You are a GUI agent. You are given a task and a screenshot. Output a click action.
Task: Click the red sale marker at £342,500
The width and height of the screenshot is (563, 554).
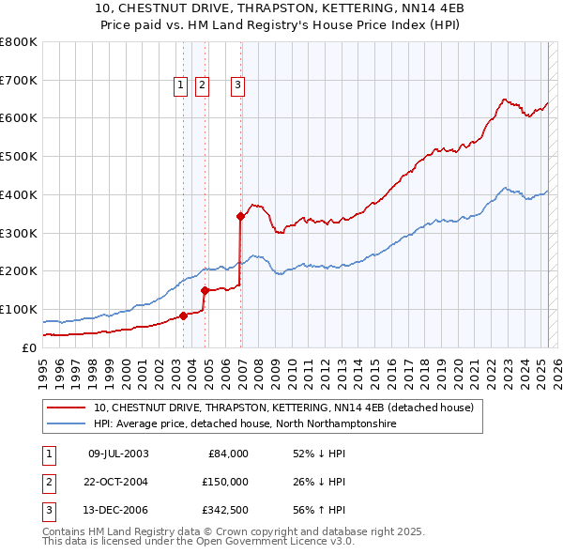241,216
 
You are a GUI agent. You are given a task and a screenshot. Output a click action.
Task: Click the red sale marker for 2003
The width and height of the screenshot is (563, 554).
184,315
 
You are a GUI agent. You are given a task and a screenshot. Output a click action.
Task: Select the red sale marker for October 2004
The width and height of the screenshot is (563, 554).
205,290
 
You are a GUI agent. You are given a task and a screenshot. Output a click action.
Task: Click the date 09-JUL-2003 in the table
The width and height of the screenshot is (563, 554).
118,454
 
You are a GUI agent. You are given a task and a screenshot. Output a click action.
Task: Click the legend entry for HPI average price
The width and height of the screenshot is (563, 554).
245,424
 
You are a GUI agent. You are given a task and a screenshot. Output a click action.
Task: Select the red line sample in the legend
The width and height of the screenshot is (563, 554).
66,408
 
